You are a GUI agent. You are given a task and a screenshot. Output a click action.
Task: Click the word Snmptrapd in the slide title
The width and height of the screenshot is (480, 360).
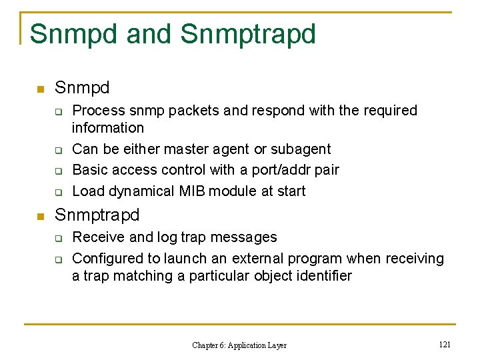248,34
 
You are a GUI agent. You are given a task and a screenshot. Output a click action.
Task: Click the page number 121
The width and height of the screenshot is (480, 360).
445,344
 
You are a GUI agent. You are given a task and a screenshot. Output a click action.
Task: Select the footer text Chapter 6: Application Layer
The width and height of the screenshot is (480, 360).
239,345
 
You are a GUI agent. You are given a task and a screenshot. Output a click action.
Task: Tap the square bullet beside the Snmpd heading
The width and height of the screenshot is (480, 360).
40,89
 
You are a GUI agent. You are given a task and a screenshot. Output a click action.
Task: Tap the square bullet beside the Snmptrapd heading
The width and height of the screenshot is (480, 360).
40,216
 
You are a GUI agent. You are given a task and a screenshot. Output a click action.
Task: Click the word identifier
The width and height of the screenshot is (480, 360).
321,276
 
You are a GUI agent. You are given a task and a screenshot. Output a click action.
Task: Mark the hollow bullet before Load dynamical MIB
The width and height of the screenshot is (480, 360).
58,192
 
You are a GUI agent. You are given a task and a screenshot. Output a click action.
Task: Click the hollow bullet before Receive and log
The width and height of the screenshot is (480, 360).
58,238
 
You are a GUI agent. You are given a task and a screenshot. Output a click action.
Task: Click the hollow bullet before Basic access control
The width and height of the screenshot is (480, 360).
58,171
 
